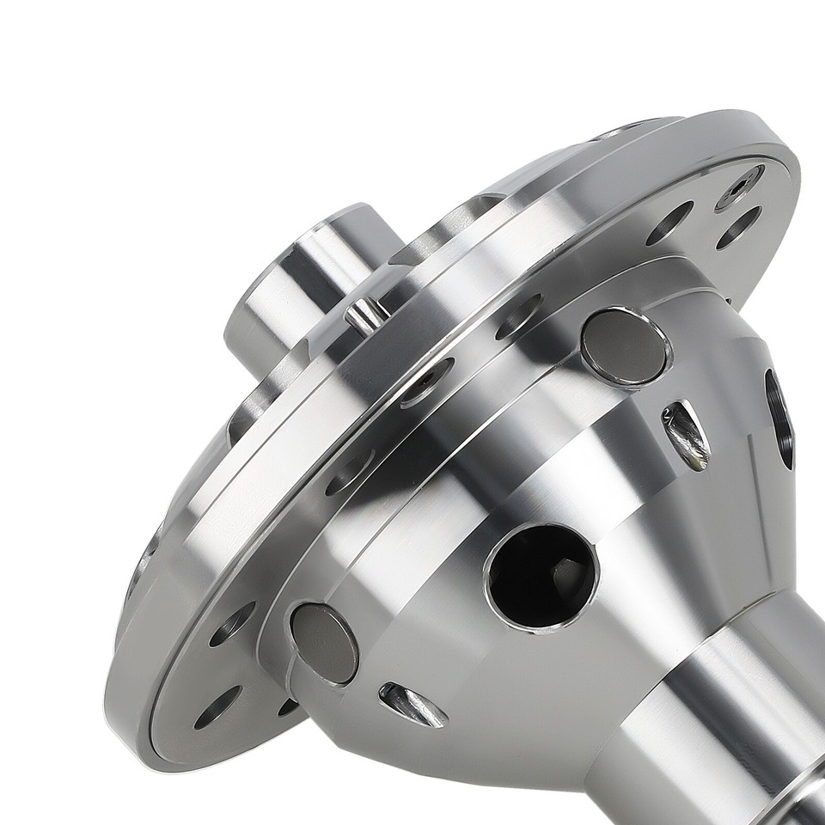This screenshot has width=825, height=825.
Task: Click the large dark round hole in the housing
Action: coord(541,574)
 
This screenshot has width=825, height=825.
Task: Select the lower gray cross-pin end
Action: coord(324,643)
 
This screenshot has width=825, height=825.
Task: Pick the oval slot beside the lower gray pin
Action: coord(412,704)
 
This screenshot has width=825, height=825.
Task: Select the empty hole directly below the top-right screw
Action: coord(738,229)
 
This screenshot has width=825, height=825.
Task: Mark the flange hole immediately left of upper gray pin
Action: coord(519,316)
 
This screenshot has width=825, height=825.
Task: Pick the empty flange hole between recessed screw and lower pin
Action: coord(350,470)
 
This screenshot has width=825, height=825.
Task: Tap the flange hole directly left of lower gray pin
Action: coord(231,623)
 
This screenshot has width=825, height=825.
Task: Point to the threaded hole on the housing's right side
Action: coord(780,419)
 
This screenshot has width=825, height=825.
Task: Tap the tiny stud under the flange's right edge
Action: coord(729,301)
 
